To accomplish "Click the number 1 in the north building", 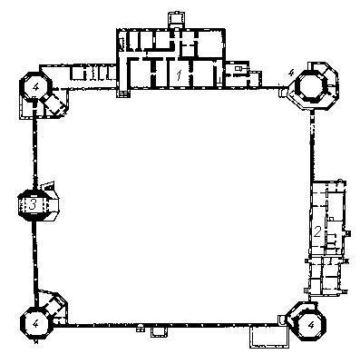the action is (179, 75).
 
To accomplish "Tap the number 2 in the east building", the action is (317, 231).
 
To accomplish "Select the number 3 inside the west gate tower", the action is (33, 205).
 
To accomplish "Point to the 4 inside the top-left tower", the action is (36, 87).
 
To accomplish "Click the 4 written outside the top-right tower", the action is (291, 73).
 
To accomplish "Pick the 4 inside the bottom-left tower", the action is (35, 324).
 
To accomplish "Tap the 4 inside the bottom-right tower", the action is (311, 325).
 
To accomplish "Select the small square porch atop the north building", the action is (176, 20).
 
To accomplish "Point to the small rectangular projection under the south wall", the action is (159, 332).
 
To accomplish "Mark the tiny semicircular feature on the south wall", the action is (140, 327).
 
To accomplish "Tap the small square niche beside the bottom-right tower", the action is (282, 320).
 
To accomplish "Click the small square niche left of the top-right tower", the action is (282, 92).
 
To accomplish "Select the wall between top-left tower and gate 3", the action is (35, 151).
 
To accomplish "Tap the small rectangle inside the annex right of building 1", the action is (238, 69).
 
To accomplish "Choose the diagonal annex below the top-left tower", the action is (54, 103).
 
